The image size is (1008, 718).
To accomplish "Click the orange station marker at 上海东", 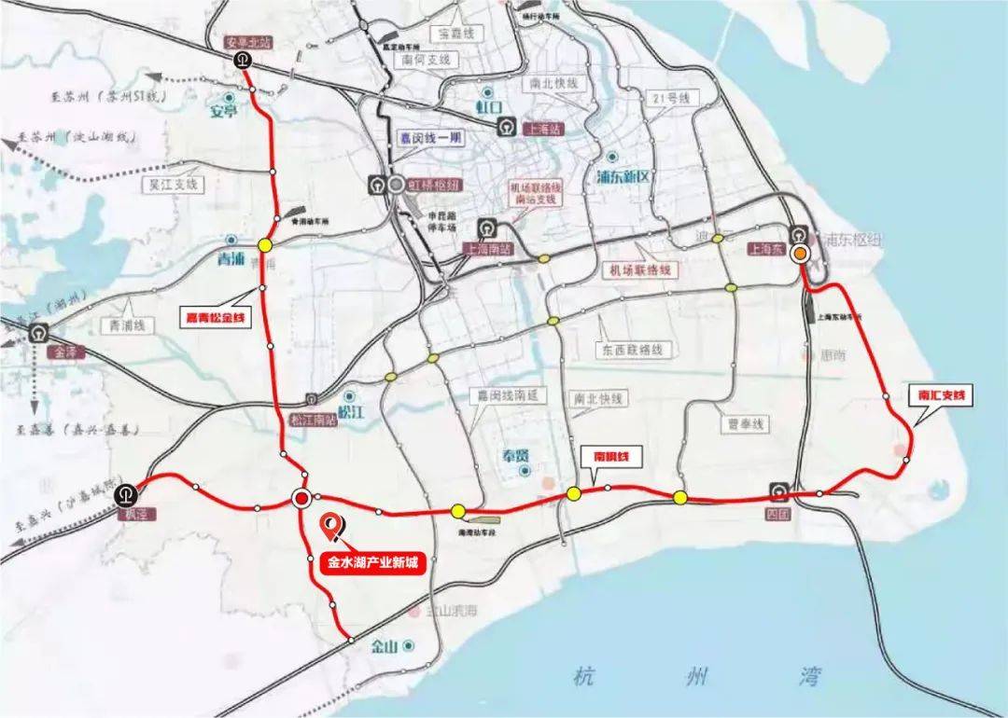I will (801, 254).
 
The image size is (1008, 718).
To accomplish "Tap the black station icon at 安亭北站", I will (242, 61).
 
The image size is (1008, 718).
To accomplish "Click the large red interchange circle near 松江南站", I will (301, 499).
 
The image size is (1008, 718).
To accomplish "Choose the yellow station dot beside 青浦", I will (266, 245).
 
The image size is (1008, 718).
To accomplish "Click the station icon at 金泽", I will (39, 331).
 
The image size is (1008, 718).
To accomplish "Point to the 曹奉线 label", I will (747, 422).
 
